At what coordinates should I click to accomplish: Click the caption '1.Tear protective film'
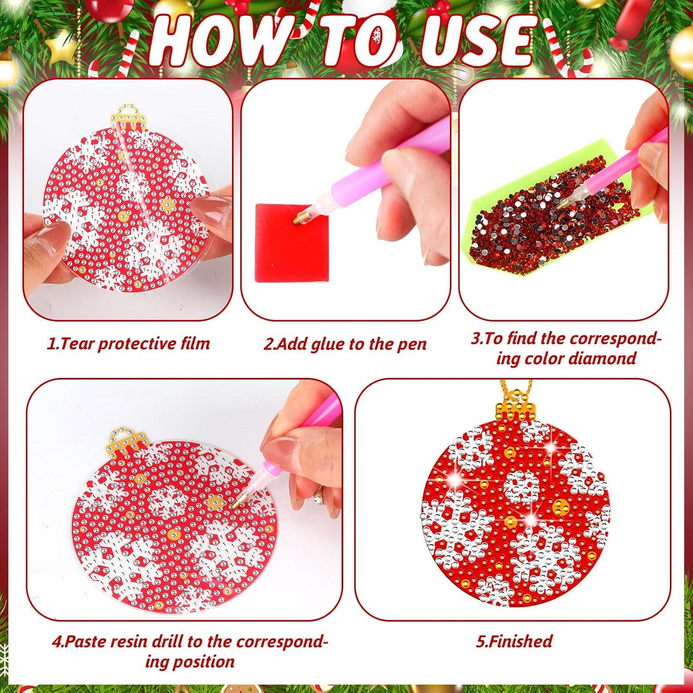[128, 344]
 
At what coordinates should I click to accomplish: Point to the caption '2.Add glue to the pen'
[345, 344]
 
